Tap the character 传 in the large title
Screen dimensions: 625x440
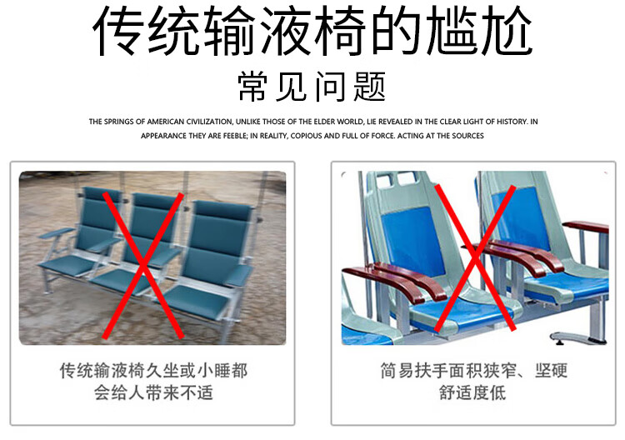click(x=118, y=31)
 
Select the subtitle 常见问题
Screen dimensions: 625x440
click(x=312, y=87)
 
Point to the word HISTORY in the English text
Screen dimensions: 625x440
click(x=512, y=122)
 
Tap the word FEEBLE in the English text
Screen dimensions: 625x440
click(x=235, y=136)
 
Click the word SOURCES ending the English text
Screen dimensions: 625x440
click(x=468, y=136)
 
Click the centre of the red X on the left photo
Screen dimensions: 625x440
click(x=142, y=266)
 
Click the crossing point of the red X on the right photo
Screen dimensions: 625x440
click(x=475, y=257)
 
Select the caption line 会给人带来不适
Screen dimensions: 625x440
click(x=153, y=393)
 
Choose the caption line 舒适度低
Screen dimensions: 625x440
click(x=472, y=393)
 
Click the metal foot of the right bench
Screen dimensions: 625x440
click(x=578, y=338)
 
